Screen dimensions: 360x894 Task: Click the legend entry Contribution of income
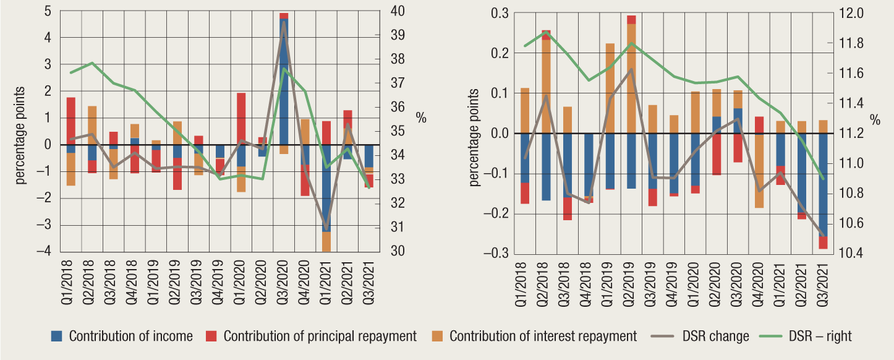(x=130, y=336)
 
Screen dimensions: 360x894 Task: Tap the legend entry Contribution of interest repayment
(x=543, y=336)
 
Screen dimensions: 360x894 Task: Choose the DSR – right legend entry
(x=820, y=336)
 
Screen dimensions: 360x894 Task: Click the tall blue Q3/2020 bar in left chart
(x=284, y=80)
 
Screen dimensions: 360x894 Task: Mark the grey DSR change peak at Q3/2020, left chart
(x=284, y=22)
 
